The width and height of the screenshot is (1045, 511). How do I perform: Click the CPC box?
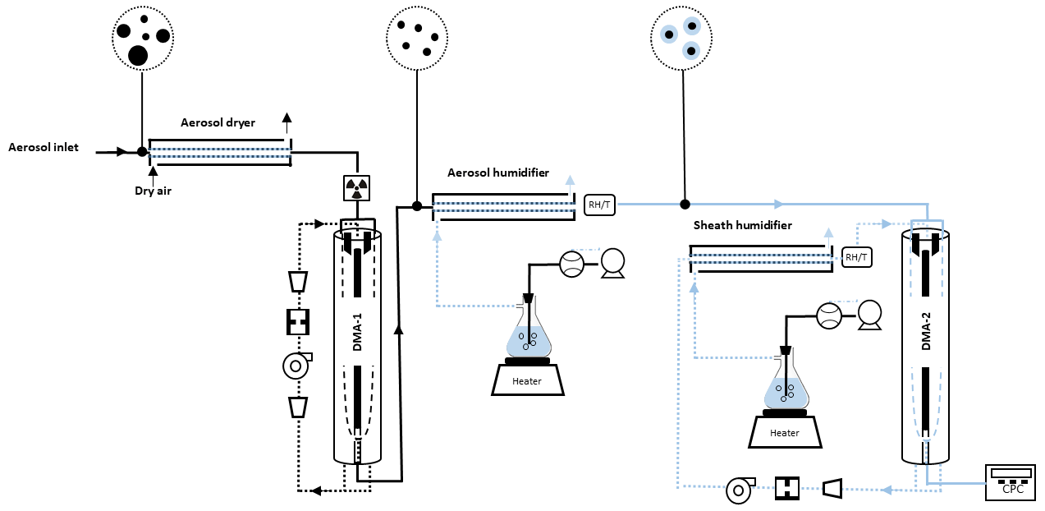(1010, 481)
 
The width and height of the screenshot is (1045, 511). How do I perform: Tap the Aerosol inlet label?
(44, 148)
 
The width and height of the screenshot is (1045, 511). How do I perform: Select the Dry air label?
(153, 191)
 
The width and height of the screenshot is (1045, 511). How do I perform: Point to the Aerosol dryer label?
(218, 122)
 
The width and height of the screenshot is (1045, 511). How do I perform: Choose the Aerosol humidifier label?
(498, 173)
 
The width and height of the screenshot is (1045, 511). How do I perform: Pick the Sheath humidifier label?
(743, 224)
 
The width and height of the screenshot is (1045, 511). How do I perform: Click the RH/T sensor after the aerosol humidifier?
(598, 204)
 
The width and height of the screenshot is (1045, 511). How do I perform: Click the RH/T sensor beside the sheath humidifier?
(856, 257)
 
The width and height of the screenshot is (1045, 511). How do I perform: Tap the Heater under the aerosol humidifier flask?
(527, 380)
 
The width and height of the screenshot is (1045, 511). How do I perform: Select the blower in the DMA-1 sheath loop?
(295, 365)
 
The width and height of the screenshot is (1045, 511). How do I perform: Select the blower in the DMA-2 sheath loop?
(739, 491)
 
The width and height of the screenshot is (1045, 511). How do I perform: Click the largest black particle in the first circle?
(138, 55)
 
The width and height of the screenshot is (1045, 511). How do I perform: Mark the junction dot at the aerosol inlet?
(142, 151)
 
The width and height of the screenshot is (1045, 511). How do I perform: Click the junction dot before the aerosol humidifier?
(416, 205)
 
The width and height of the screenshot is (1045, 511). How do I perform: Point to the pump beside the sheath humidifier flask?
(870, 314)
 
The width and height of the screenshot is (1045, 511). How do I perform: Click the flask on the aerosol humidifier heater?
(527, 333)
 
